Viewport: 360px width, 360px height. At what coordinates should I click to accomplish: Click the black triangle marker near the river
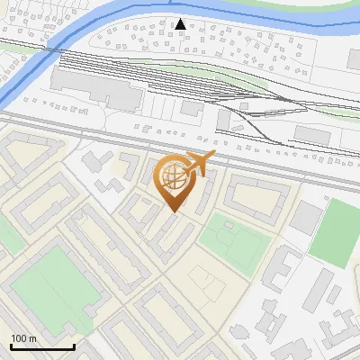coord(181,24)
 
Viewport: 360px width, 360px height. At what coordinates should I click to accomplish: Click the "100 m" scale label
coord(23,338)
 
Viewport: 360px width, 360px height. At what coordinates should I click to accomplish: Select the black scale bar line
coord(42,346)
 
